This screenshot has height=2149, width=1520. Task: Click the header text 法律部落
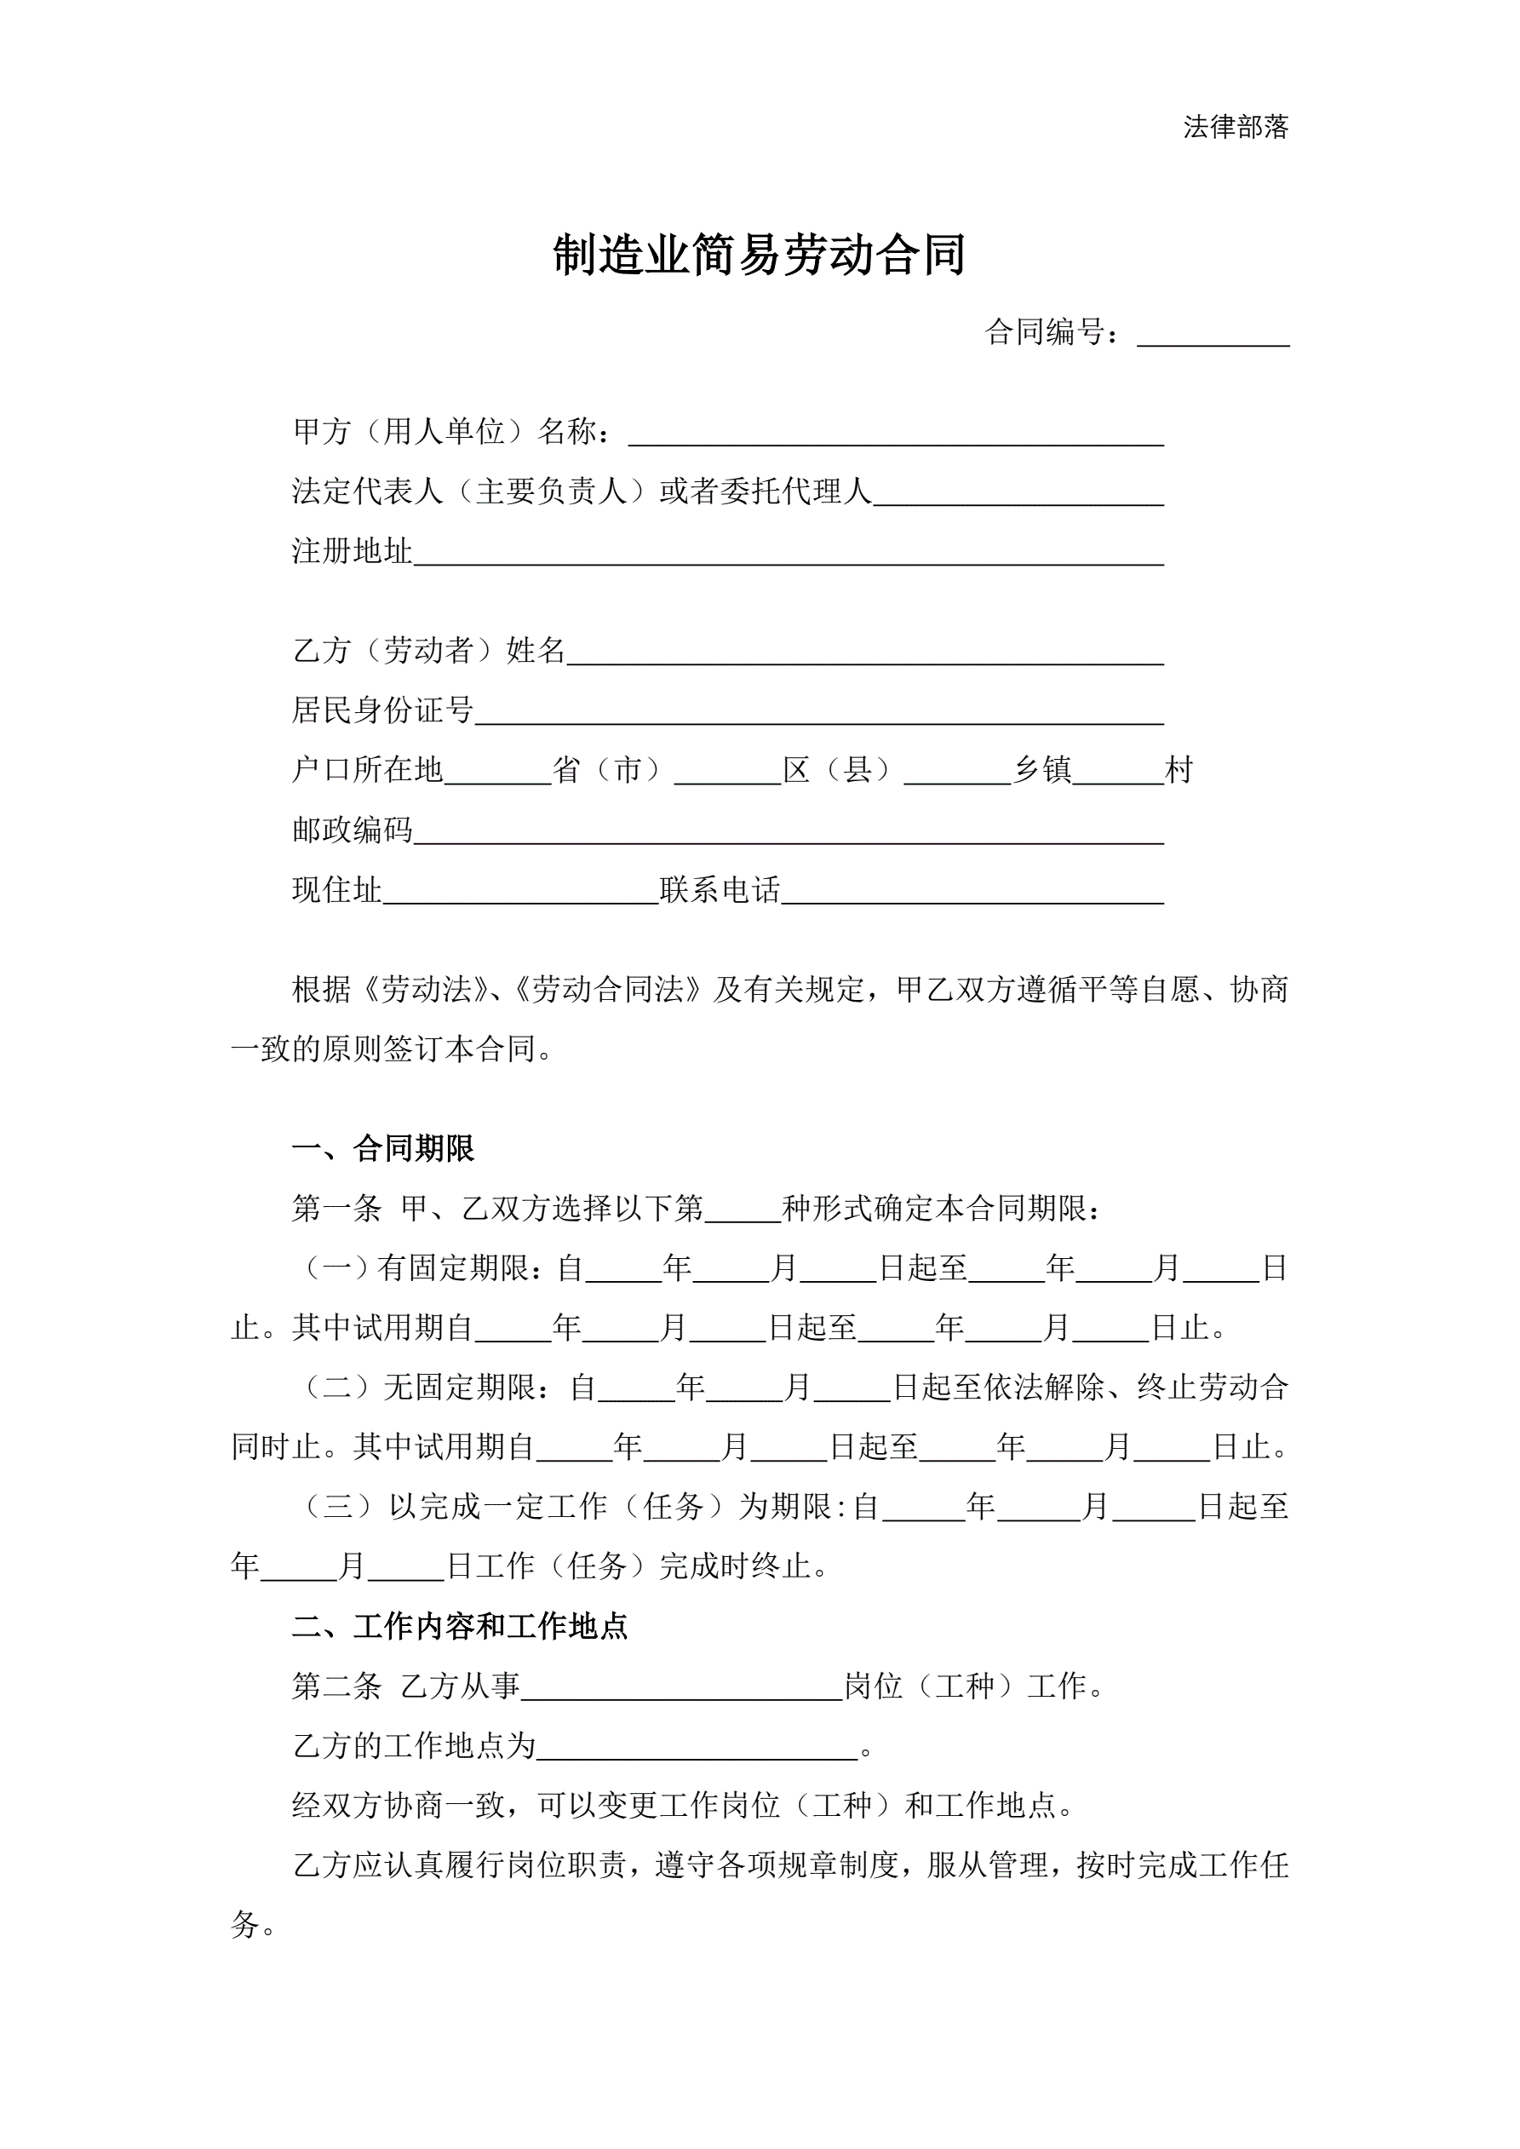click(1236, 127)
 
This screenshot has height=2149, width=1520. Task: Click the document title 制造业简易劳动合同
click(759, 255)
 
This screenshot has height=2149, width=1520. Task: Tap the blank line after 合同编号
click(1213, 335)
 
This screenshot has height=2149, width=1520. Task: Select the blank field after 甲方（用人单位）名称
click(896, 434)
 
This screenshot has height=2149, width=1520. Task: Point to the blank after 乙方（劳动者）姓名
click(865, 652)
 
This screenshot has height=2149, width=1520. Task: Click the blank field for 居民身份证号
click(819, 712)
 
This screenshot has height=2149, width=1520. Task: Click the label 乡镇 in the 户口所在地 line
click(1041, 770)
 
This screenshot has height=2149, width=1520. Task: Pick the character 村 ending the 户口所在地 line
click(1179, 770)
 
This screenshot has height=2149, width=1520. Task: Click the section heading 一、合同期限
click(384, 1148)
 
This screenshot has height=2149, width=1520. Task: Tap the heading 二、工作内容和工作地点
click(460, 1627)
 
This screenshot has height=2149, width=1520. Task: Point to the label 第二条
click(337, 1686)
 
